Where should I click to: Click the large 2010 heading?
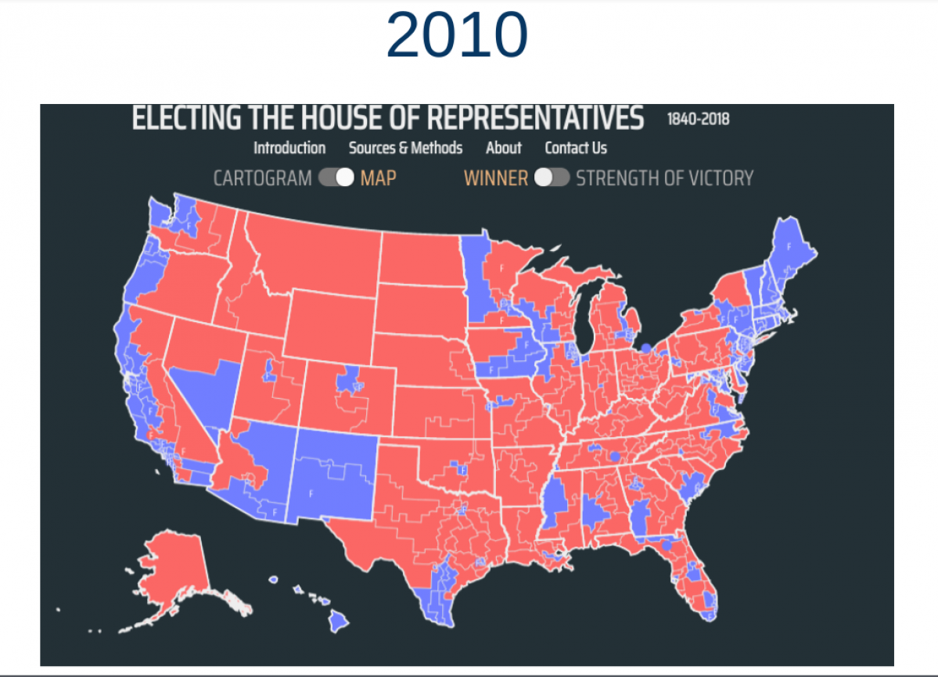[x=457, y=36]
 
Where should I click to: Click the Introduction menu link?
[x=289, y=148]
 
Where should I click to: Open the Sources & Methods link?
[x=405, y=148]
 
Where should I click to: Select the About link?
[x=503, y=148]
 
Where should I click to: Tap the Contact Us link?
[x=576, y=148]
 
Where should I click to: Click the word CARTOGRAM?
[x=262, y=178]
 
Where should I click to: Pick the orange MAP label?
[x=378, y=178]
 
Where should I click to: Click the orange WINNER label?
[x=496, y=178]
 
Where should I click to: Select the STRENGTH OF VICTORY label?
[x=664, y=178]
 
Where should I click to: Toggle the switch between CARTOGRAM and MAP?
[x=336, y=178]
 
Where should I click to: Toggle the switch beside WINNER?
[x=552, y=178]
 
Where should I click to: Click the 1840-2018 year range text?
[x=698, y=120]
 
